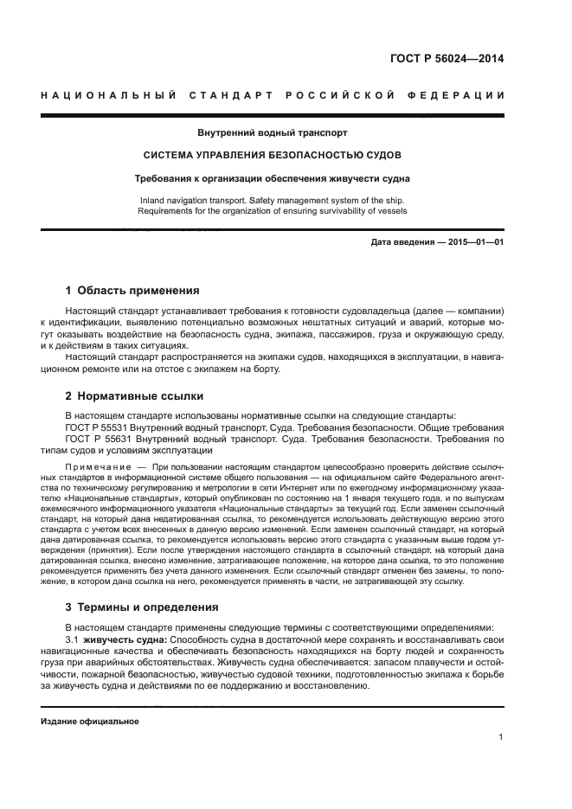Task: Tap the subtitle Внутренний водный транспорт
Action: (273, 133)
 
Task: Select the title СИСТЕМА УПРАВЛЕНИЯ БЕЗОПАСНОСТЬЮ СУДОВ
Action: (273, 156)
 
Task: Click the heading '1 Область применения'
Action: (132, 291)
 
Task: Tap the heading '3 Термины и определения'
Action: (143, 607)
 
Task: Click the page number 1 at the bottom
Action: (501, 737)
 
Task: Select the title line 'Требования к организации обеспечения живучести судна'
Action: (273, 178)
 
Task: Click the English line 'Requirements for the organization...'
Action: (273, 209)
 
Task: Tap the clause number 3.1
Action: (73, 639)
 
